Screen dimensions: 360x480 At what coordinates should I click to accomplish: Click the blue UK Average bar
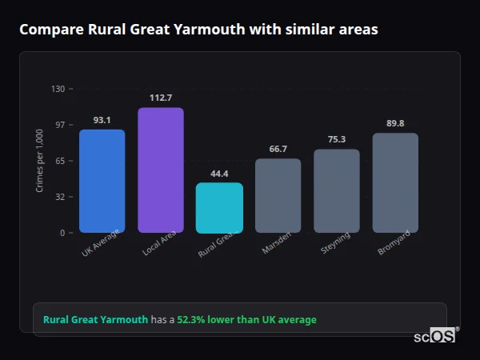click(x=102, y=181)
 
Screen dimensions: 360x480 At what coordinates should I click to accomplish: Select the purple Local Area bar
click(x=160, y=170)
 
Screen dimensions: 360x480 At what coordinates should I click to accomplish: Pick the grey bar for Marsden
click(x=278, y=195)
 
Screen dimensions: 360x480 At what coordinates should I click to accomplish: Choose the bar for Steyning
click(x=336, y=190)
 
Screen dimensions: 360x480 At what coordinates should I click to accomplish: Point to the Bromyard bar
click(x=395, y=182)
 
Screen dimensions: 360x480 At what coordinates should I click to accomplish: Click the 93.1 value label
click(x=102, y=120)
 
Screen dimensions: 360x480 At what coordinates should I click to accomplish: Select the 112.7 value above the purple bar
click(x=160, y=98)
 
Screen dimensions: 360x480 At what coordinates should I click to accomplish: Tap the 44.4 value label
click(x=219, y=174)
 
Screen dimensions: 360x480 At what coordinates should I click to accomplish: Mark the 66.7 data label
click(x=278, y=149)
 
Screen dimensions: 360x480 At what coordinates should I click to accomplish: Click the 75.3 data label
click(x=336, y=139)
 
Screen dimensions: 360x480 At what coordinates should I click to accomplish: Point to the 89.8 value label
click(x=395, y=123)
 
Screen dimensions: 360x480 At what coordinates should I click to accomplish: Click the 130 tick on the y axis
click(x=58, y=89)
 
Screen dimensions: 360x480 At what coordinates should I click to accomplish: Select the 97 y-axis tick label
click(x=59, y=125)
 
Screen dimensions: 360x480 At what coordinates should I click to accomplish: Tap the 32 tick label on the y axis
click(x=59, y=197)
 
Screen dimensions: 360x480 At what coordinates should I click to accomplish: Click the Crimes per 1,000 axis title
click(x=40, y=161)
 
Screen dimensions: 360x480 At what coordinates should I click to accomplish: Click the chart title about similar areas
click(x=198, y=30)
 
